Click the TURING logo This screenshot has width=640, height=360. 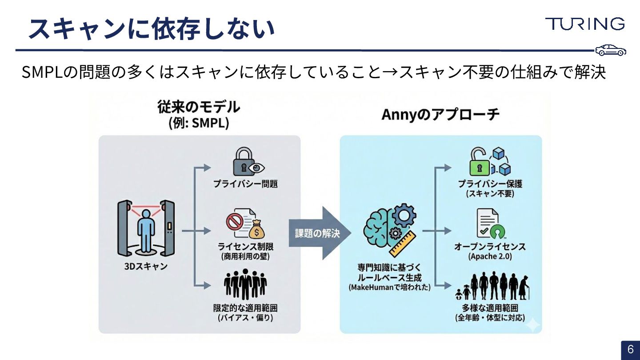pyautogui.click(x=585, y=24)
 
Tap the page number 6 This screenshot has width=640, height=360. pyautogui.click(x=630, y=350)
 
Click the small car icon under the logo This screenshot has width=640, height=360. pyautogui.click(x=611, y=51)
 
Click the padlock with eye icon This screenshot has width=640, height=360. pyautogui.click(x=248, y=164)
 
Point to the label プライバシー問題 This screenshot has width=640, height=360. pyautogui.click(x=245, y=184)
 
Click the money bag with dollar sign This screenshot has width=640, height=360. pyautogui.click(x=256, y=229)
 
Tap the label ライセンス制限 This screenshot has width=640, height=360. pyautogui.click(x=245, y=247)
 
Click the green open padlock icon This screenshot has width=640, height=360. pyautogui.click(x=480, y=163)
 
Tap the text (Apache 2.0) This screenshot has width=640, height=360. pyautogui.click(x=490, y=257)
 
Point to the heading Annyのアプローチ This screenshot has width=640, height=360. pyautogui.click(x=440, y=115)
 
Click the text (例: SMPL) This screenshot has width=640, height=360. pyautogui.click(x=199, y=123)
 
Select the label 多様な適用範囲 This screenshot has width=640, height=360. pyautogui.click(x=490, y=308)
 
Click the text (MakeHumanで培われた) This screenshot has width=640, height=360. pyautogui.click(x=389, y=288)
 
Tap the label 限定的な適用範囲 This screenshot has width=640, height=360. pyautogui.click(x=245, y=308)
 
